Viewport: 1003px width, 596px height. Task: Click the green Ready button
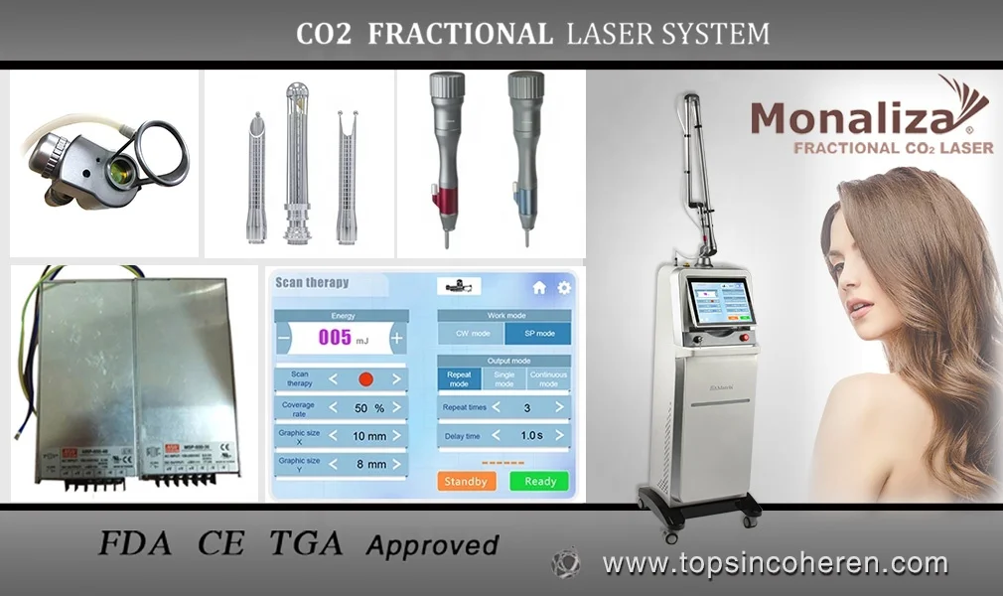coord(540,481)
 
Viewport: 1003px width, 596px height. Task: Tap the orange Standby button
coord(466,481)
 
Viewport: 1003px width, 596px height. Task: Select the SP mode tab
coord(537,335)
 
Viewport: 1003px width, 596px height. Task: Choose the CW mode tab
coord(471,335)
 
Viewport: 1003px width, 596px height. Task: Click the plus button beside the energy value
coord(397,338)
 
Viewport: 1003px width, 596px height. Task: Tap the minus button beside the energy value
coord(284,338)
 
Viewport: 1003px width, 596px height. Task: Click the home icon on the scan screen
coord(539,288)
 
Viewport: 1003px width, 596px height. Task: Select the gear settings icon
coord(564,288)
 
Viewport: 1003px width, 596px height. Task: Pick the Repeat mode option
coord(459,378)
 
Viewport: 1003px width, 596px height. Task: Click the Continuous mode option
coord(548,378)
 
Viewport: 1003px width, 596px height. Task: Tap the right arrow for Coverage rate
coord(396,407)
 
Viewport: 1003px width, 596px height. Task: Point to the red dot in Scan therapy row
coord(364,378)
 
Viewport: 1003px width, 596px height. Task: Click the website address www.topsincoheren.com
coord(775,564)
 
